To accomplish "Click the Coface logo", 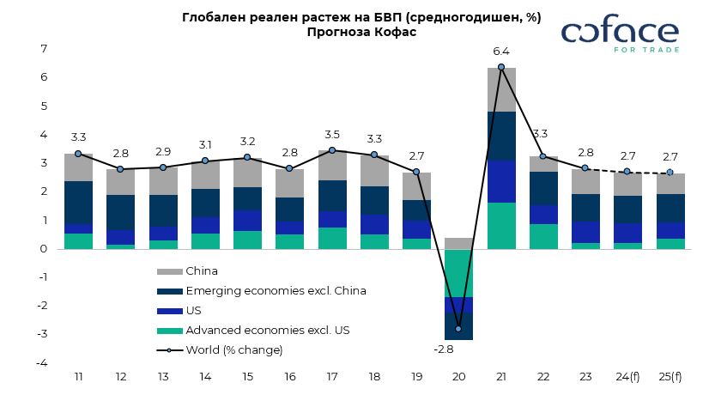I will tap(620, 34).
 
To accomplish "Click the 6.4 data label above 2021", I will tap(501, 52).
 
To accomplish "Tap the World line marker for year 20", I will tap(458, 329).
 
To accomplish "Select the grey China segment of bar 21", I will tap(501, 89).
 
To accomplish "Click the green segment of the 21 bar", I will tap(501, 226).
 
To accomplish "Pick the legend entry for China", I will tap(202, 271).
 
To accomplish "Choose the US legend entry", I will tap(194, 311).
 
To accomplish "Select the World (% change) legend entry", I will tap(233, 350).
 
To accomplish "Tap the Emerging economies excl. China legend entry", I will tap(276, 291).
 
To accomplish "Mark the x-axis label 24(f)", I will tap(627, 377).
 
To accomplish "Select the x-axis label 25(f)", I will tap(670, 377).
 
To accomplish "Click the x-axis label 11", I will tap(78, 377).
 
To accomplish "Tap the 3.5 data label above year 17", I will tap(332, 135).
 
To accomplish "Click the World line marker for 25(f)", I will tap(670, 173).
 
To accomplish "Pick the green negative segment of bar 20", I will tap(458, 273).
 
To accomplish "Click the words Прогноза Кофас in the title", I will tap(361, 32).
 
